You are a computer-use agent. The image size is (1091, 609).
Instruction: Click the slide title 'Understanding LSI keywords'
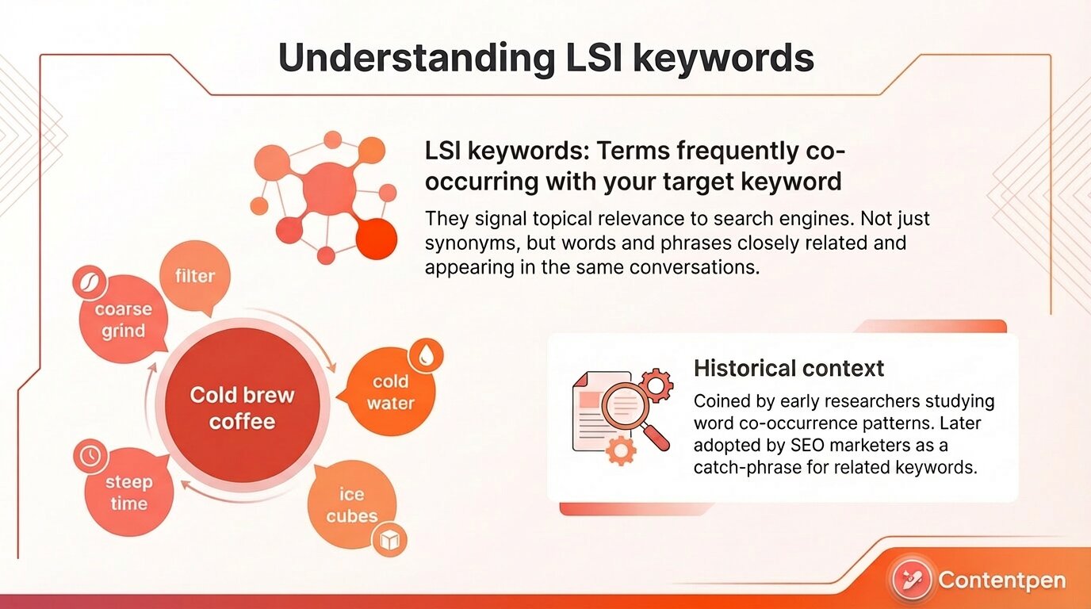pos(545,59)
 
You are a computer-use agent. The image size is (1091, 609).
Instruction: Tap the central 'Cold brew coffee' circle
pos(242,408)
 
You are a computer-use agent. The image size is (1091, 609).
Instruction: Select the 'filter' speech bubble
pos(195,277)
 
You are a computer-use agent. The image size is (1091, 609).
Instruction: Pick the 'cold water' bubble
pos(390,393)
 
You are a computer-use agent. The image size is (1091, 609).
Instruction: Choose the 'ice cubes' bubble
pos(351,505)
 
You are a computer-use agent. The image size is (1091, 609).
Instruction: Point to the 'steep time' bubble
pos(128,492)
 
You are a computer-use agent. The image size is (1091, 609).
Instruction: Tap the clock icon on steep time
pos(90,455)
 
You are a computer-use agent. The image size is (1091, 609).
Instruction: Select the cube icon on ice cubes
pos(390,541)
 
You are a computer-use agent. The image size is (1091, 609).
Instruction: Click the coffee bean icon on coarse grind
pos(89,282)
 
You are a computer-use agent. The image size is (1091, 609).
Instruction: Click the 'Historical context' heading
pos(788,368)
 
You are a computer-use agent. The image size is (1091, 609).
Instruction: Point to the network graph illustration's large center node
pos(329,188)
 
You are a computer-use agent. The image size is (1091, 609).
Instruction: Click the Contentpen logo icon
pos(911,580)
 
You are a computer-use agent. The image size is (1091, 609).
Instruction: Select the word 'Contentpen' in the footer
pos(1002,580)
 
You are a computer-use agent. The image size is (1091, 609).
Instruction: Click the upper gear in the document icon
pos(655,386)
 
